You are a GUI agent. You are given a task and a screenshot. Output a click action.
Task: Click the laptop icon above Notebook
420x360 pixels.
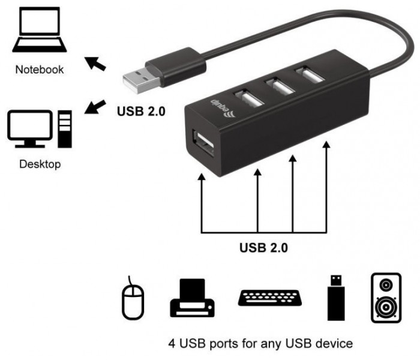click(x=40, y=29)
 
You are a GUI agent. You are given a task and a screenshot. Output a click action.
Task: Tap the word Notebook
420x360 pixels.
click(x=40, y=70)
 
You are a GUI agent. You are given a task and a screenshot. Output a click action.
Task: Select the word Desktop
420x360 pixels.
click(x=40, y=164)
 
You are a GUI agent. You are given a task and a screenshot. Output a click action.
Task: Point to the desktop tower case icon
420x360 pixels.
click(x=65, y=129)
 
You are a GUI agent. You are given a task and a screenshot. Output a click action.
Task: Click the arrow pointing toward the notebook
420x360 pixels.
click(x=95, y=64)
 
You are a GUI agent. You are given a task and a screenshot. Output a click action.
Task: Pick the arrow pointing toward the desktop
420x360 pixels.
click(x=95, y=107)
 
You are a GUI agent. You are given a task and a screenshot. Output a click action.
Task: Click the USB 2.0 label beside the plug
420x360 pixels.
click(x=141, y=111)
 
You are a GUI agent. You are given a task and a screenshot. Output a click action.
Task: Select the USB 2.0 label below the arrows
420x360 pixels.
click(x=263, y=247)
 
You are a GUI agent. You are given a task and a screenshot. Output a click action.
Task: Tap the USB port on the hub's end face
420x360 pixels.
click(x=203, y=143)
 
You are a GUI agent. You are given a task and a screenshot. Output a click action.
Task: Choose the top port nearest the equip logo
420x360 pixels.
click(x=248, y=98)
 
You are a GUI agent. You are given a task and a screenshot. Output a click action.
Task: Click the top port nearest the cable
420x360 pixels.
click(x=310, y=75)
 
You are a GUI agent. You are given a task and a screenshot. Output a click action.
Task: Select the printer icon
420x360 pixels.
click(x=192, y=298)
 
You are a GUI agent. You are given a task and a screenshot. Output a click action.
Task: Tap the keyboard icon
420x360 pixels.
click(x=270, y=298)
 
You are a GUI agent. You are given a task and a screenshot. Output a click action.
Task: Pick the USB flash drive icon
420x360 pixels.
click(x=336, y=298)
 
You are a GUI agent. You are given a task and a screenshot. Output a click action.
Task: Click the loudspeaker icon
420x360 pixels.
click(x=386, y=298)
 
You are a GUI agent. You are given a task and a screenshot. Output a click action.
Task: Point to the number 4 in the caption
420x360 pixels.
click(x=172, y=344)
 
